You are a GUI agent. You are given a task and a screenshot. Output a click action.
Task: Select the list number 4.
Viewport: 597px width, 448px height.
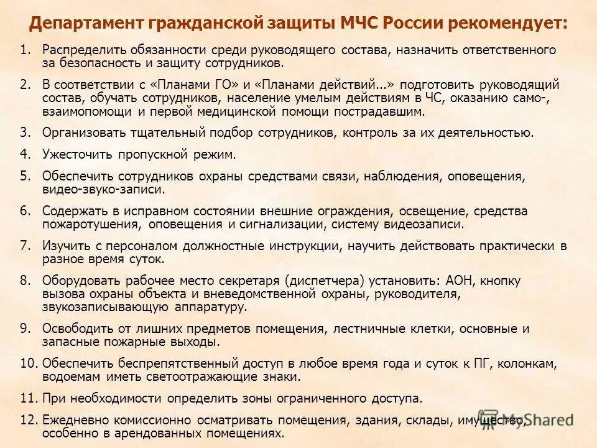coord(24,153)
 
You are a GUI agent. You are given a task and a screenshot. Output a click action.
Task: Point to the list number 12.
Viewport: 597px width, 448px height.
coord(29,420)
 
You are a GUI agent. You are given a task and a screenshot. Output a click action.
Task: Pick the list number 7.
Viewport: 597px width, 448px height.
coord(24,246)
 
